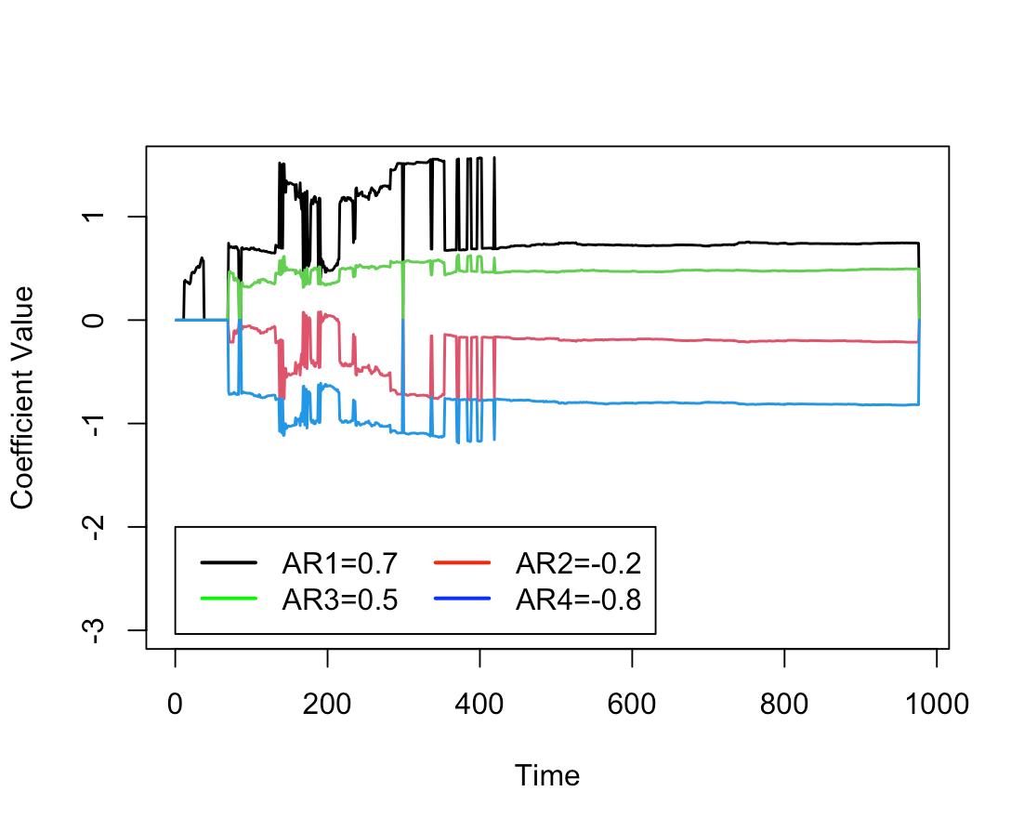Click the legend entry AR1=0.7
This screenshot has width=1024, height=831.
click(x=339, y=563)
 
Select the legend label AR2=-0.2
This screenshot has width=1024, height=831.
click(x=578, y=563)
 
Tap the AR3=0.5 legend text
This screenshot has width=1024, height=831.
click(x=339, y=600)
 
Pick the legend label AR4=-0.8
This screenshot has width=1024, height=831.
click(x=578, y=600)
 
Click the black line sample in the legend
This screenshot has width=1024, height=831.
click(x=228, y=563)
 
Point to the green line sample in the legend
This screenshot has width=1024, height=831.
click(x=228, y=600)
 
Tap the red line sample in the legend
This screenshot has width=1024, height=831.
click(x=461, y=563)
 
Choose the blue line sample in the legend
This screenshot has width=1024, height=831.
click(x=461, y=600)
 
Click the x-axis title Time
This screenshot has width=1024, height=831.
click(x=547, y=775)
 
